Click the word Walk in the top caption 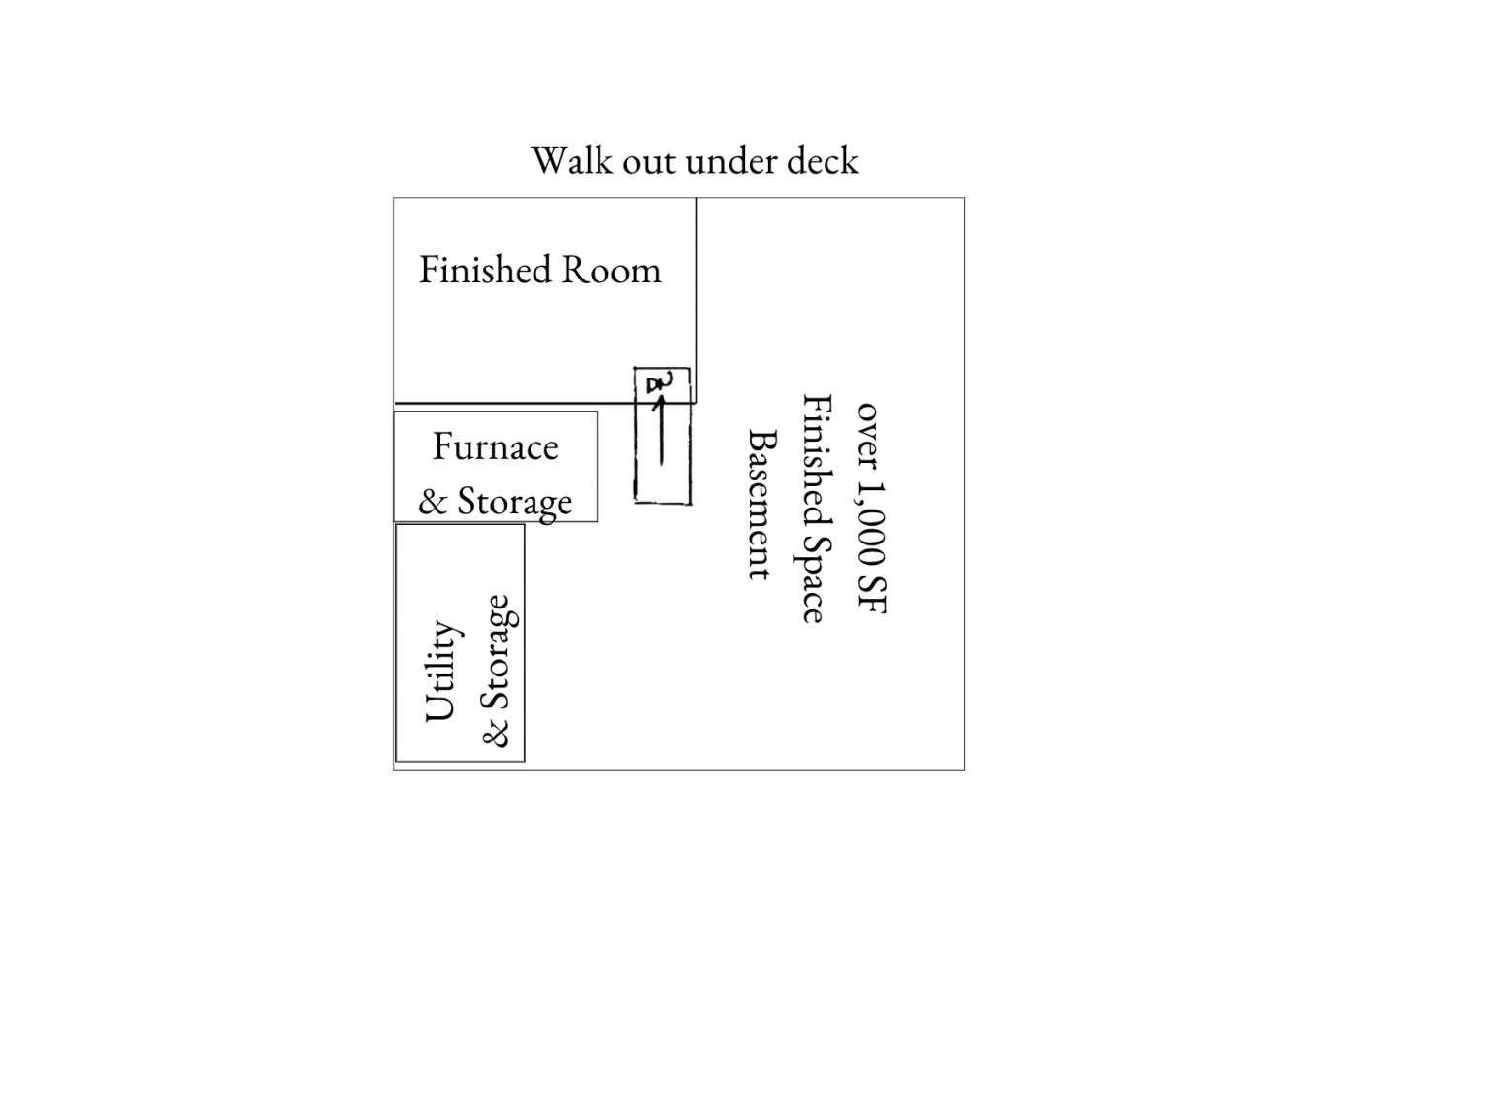click(x=571, y=160)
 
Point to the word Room click(x=611, y=270)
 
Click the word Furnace click(x=496, y=446)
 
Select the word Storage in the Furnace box click(x=514, y=503)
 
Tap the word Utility click(x=442, y=671)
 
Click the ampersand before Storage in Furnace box click(x=433, y=502)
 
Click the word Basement click(x=761, y=505)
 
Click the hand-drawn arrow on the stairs click(x=661, y=430)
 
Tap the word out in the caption click(x=649, y=161)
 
